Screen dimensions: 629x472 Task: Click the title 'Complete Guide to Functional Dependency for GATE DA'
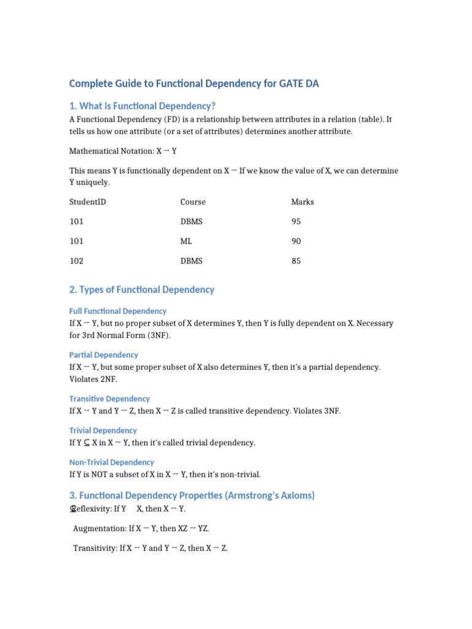194,83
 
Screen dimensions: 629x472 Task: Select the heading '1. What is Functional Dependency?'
142,106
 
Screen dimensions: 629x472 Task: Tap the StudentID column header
87,201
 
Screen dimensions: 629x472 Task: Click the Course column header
193,201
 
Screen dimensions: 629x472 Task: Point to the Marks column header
302,201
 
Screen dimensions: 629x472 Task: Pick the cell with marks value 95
296,221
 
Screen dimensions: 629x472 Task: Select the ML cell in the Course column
186,241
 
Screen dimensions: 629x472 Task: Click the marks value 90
296,241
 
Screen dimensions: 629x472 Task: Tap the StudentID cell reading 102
76,260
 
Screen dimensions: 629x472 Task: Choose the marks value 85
296,260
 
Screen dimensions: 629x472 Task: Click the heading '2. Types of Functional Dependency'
141,289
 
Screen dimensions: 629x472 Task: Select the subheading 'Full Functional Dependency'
117,311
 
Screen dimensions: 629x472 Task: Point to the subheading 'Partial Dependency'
103,354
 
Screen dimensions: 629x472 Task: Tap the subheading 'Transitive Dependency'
109,399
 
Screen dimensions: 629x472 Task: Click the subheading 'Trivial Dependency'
103,430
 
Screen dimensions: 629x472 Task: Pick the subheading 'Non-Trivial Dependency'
111,462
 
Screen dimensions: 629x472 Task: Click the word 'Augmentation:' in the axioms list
100,528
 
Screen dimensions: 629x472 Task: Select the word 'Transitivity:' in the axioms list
95,547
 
